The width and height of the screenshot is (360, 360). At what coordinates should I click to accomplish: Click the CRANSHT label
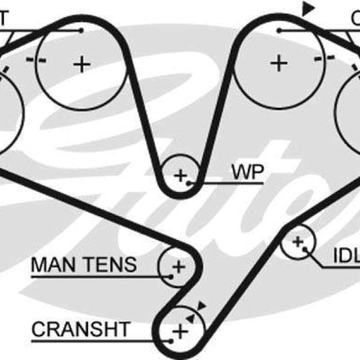click(80, 329)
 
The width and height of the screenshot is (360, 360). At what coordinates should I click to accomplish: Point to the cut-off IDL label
click(346, 256)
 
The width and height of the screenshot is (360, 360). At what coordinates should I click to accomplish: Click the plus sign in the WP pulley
click(180, 175)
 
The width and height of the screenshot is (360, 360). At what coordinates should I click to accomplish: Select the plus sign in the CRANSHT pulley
click(179, 331)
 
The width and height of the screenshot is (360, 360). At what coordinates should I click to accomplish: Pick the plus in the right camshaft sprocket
click(278, 63)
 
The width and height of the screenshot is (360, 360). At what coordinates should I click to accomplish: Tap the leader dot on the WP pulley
click(190, 181)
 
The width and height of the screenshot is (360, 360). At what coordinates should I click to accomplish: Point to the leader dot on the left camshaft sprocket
click(81, 30)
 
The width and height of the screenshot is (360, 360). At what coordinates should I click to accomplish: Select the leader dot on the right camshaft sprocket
click(280, 30)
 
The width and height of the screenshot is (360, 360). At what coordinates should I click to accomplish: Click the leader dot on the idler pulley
click(305, 248)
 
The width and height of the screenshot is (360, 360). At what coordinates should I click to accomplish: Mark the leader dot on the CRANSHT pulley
click(170, 340)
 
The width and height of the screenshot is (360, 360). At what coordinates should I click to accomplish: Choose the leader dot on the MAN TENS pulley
click(172, 276)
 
